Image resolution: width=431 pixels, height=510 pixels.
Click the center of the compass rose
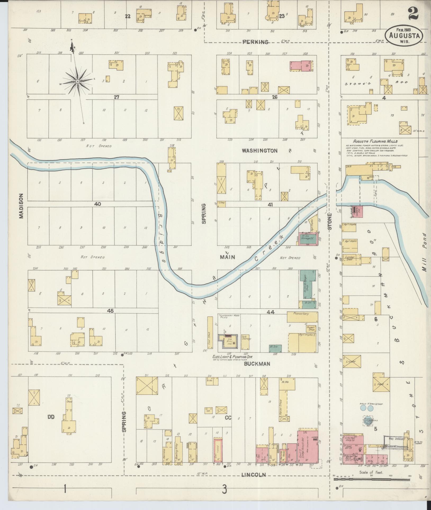[x=78, y=81]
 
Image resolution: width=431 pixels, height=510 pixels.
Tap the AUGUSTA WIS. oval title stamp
[x=404, y=36]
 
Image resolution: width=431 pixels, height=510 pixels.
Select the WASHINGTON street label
[x=260, y=151]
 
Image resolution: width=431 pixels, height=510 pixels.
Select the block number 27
[x=116, y=97]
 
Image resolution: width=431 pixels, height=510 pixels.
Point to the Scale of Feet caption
[x=371, y=472]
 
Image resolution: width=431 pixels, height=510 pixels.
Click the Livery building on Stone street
[x=352, y=361]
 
